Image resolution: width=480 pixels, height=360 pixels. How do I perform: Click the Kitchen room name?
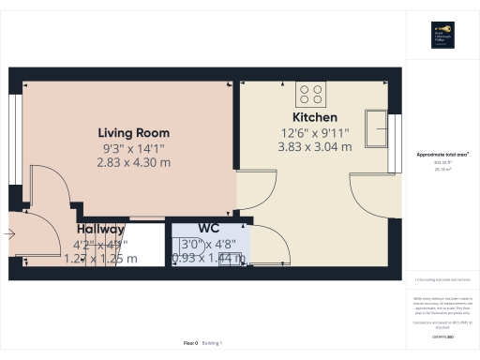tap(316, 117)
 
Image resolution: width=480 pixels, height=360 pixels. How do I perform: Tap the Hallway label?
tap(100, 229)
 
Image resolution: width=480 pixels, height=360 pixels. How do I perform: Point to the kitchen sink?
tap(377, 127)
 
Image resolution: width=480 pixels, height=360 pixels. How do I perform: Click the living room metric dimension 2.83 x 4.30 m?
tap(134, 162)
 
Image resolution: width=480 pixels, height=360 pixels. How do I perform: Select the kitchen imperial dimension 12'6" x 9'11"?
tap(316, 132)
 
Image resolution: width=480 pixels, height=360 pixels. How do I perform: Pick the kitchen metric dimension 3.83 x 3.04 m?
tap(316, 147)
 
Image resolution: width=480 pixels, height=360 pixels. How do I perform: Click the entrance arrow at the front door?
tap(11, 235)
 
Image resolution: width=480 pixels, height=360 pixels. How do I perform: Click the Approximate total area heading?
tap(442, 154)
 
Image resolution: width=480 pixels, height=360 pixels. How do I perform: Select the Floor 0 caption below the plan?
tap(190, 344)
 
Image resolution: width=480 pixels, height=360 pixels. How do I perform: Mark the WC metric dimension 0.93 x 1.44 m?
tap(208, 259)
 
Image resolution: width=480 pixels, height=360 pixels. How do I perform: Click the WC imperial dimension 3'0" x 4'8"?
tap(208, 244)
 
